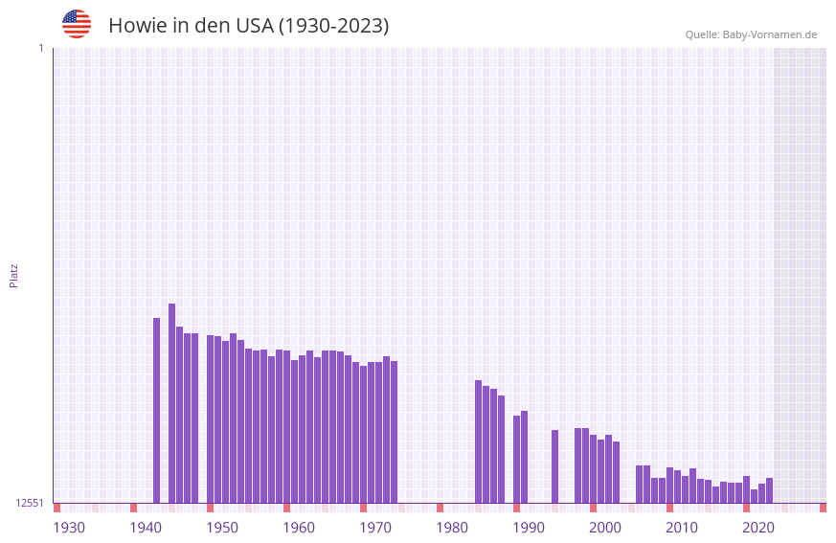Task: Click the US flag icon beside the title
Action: click(77, 24)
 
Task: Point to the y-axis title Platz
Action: click(13, 275)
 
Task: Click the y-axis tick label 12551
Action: click(30, 503)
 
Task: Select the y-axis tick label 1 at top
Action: click(40, 48)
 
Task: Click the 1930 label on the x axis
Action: click(69, 528)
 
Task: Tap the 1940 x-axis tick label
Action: click(146, 528)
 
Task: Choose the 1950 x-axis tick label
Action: click(222, 528)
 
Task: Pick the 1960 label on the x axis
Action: click(299, 528)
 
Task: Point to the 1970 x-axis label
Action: click(375, 528)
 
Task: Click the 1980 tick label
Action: click(452, 528)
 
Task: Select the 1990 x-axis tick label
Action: click(529, 528)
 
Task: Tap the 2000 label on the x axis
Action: click(605, 528)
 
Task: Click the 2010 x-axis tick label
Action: click(682, 528)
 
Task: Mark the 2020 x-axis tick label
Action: click(758, 528)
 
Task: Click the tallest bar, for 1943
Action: click(172, 402)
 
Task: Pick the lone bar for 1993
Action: click(554, 466)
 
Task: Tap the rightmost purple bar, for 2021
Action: click(770, 490)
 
